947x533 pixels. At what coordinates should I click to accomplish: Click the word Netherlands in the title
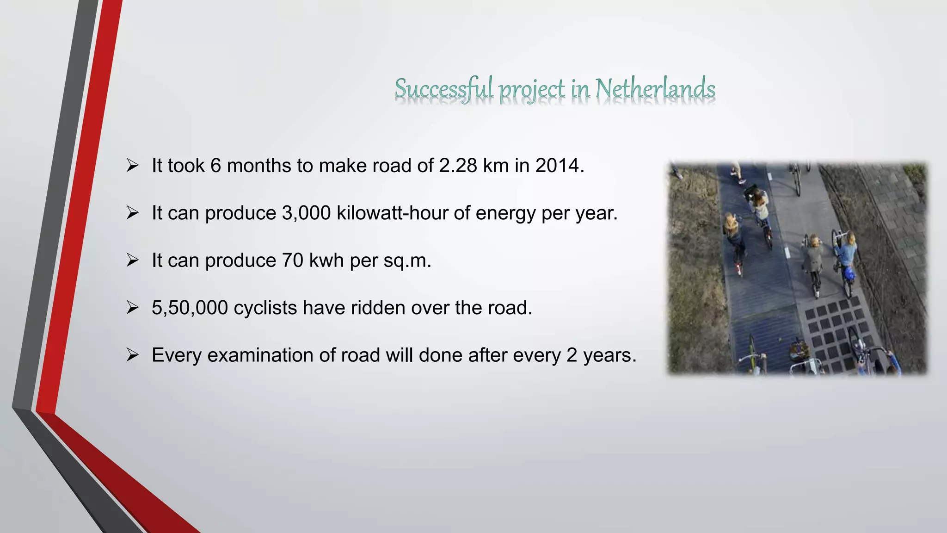pyautogui.click(x=655, y=89)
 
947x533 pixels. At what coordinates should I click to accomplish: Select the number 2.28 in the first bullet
pyautogui.click(x=458, y=166)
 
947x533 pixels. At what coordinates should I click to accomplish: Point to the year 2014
pyautogui.click(x=557, y=166)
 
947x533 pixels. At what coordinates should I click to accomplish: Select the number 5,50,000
pyautogui.click(x=190, y=308)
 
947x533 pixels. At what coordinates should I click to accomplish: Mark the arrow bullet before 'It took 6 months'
pyautogui.click(x=133, y=166)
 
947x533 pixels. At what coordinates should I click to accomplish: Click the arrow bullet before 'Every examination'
pyautogui.click(x=133, y=355)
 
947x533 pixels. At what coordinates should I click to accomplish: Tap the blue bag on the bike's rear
pyautogui.click(x=849, y=274)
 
